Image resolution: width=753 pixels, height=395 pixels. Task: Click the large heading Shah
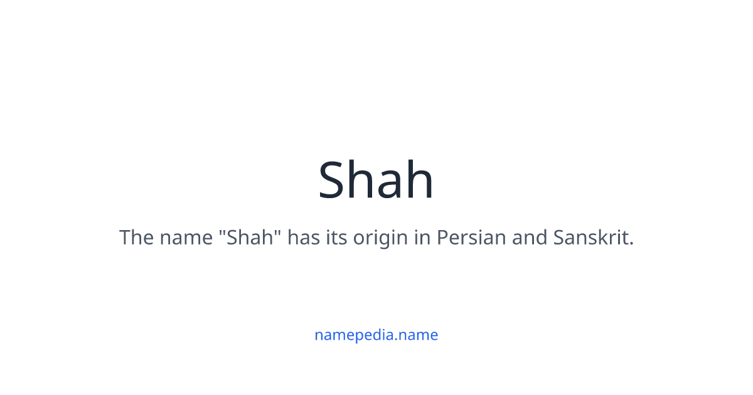[x=376, y=180]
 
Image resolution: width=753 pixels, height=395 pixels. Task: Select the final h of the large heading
[x=420, y=180]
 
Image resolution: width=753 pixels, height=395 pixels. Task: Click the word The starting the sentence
[x=136, y=238]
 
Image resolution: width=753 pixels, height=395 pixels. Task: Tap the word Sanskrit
[x=590, y=238]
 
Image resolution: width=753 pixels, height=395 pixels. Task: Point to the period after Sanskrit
[x=631, y=245]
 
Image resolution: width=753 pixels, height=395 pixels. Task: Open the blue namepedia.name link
[x=376, y=335]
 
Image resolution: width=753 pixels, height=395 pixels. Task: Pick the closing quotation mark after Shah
[x=277, y=233]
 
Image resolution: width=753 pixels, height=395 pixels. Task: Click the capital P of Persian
[x=442, y=238]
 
